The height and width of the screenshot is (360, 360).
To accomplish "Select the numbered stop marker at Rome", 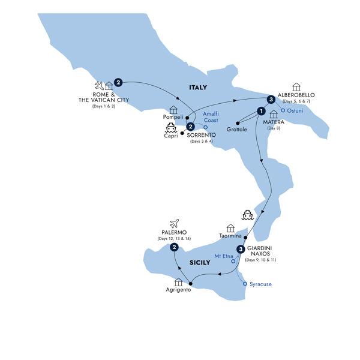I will click(118, 82).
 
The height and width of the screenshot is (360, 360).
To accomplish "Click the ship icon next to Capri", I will click(170, 128).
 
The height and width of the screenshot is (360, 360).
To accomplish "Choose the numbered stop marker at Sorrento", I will click(190, 127).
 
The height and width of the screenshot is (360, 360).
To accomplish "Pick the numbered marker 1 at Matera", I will click(260, 110).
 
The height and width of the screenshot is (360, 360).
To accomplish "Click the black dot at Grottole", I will click(238, 123).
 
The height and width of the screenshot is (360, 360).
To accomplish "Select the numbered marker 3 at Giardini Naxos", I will click(241, 250).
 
